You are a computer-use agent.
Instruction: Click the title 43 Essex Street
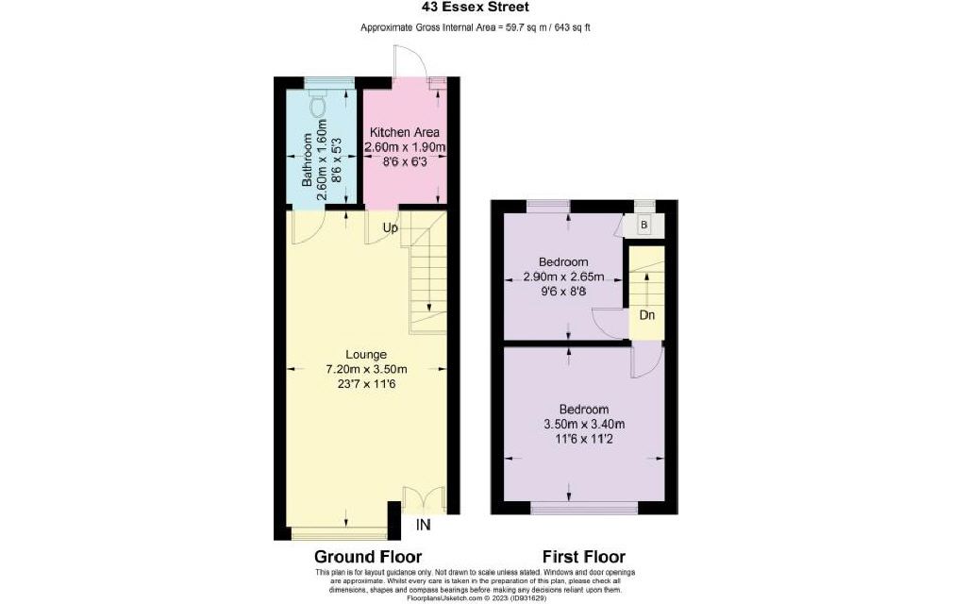pyautogui.click(x=476, y=8)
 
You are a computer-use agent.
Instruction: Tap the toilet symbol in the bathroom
pyautogui.click(x=318, y=104)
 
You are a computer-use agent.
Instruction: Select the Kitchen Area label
pyautogui.click(x=405, y=132)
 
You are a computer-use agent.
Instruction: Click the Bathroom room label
pyautogui.click(x=307, y=159)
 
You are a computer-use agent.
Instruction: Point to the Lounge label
pyautogui.click(x=366, y=354)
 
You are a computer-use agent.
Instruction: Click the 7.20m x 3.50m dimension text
pyautogui.click(x=366, y=369)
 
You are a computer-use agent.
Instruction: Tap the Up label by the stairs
pyautogui.click(x=391, y=227)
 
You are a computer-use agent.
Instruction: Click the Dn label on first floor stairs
pyautogui.click(x=647, y=315)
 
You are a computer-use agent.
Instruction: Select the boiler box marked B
pyautogui.click(x=644, y=225)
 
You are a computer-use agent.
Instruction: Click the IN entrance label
pyautogui.click(x=423, y=525)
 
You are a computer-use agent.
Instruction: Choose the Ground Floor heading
pyautogui.click(x=368, y=557)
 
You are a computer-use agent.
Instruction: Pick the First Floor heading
pyautogui.click(x=584, y=557)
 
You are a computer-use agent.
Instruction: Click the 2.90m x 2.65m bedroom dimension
pyautogui.click(x=564, y=277)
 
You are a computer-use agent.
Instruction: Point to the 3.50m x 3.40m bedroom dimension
pyautogui.click(x=584, y=424)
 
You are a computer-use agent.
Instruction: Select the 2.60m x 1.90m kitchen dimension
pyautogui.click(x=405, y=147)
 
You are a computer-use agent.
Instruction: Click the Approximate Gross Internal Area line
pyautogui.click(x=476, y=27)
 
